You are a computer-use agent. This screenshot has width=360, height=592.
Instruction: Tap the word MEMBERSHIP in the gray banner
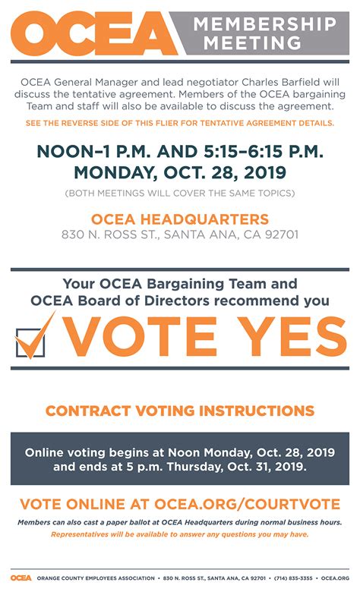pyautogui.click(x=264, y=24)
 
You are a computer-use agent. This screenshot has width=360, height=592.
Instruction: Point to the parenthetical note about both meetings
pyautogui.click(x=180, y=194)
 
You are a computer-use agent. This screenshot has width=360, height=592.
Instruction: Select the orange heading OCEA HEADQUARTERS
pyautogui.click(x=180, y=219)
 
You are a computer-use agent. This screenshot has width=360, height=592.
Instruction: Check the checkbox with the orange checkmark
pyautogui.click(x=32, y=340)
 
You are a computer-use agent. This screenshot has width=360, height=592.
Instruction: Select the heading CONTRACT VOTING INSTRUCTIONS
pyautogui.click(x=180, y=411)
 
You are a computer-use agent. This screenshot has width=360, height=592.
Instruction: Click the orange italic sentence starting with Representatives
pyautogui.click(x=180, y=535)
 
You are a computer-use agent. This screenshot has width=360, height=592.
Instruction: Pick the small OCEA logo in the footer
pyautogui.click(x=21, y=578)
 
